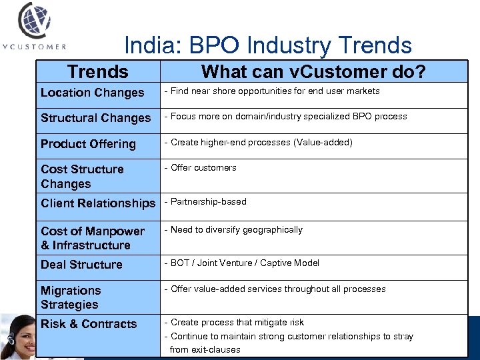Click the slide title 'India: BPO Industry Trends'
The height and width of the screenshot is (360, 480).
(x=268, y=45)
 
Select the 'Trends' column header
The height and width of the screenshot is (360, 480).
(x=98, y=71)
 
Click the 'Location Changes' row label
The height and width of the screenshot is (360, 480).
(x=92, y=93)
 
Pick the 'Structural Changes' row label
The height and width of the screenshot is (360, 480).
(x=95, y=118)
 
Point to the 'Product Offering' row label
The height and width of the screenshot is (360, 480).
(x=88, y=144)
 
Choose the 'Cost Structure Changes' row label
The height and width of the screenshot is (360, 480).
(x=82, y=177)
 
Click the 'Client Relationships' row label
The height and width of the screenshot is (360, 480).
(x=97, y=203)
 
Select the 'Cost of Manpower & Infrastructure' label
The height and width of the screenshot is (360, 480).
(x=92, y=238)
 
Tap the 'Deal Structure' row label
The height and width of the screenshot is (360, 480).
(x=81, y=265)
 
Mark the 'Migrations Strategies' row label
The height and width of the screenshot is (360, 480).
(x=70, y=297)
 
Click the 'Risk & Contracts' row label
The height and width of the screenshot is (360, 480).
(x=89, y=324)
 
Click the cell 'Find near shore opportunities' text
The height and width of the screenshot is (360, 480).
(x=275, y=91)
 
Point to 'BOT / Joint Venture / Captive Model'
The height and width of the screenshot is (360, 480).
(x=245, y=263)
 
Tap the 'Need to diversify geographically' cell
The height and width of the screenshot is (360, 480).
(x=236, y=230)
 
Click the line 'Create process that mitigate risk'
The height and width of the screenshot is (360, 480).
(x=237, y=323)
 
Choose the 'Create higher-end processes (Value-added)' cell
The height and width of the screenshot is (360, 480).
(x=261, y=143)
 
